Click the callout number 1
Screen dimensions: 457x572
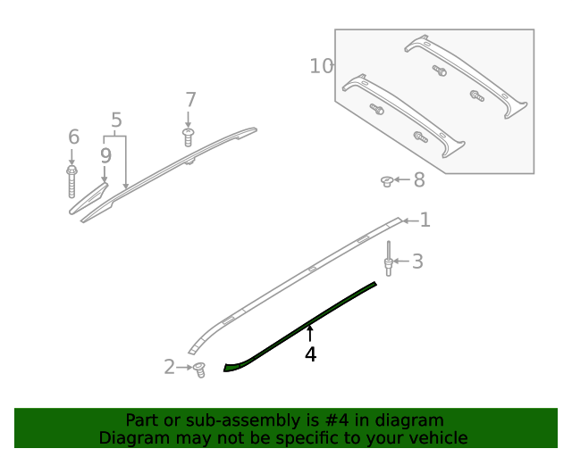click(x=425, y=220)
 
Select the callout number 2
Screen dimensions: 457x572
click(x=170, y=367)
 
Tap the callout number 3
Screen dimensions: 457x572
click(x=417, y=262)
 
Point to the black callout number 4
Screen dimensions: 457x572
click(x=310, y=354)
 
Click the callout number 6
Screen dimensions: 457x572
click(x=73, y=137)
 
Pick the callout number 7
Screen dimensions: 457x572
click(x=189, y=100)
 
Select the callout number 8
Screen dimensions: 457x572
click(x=418, y=180)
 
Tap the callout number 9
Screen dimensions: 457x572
click(x=105, y=155)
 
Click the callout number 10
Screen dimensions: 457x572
click(x=321, y=66)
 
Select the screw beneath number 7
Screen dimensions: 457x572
click(x=188, y=137)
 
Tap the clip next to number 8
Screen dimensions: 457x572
click(x=386, y=181)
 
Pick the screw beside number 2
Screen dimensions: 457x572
click(x=199, y=369)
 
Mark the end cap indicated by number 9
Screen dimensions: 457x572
click(x=89, y=197)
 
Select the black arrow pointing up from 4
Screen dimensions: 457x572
click(x=310, y=334)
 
